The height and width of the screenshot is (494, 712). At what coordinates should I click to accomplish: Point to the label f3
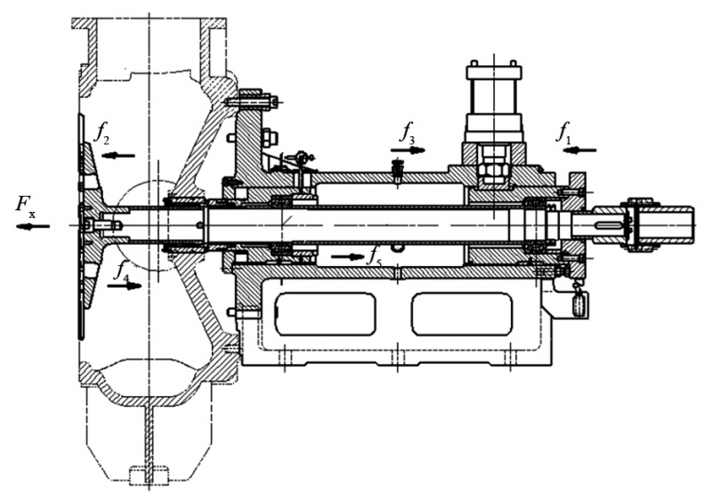[x=407, y=135]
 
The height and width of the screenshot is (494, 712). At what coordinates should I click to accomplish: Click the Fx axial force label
[x=26, y=206]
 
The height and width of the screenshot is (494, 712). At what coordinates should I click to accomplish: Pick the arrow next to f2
[x=118, y=155]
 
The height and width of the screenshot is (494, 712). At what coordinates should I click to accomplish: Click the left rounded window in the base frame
[x=327, y=314]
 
